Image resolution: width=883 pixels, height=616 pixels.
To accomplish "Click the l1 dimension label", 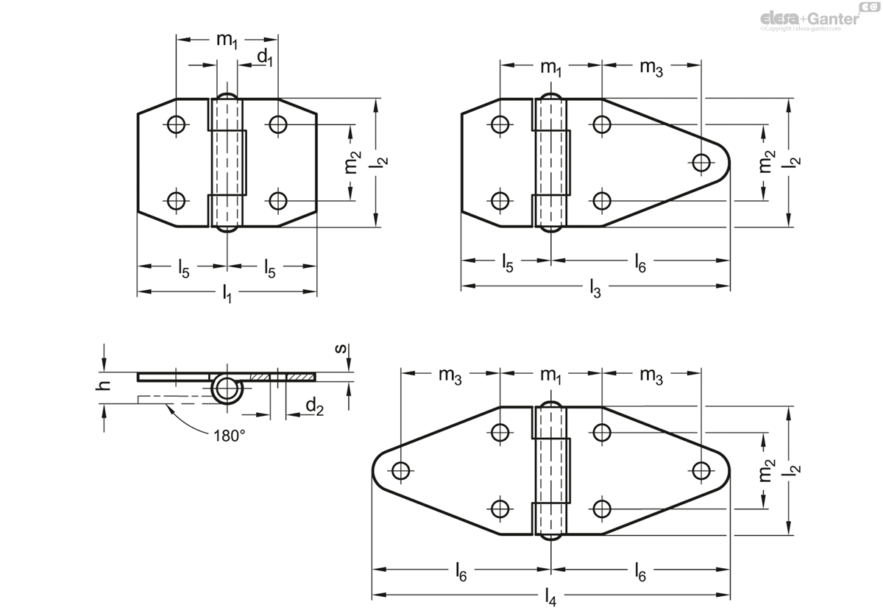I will [x=227, y=294].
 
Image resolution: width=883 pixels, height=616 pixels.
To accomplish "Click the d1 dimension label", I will [x=264, y=57].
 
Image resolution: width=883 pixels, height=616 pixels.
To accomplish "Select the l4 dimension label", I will [x=550, y=598].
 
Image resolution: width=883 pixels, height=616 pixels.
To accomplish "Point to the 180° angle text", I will [x=229, y=436].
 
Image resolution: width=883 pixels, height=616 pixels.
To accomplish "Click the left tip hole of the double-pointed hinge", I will [x=400, y=470].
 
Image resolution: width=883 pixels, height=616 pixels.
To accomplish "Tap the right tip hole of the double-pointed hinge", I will [x=702, y=470].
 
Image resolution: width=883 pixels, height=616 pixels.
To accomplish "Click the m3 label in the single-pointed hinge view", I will [x=650, y=68].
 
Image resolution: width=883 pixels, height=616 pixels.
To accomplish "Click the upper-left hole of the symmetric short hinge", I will [x=176, y=124].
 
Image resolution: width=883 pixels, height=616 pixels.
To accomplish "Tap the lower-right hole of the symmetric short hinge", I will [x=277, y=200].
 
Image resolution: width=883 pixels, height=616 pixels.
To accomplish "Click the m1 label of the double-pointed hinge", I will [x=550, y=375].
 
